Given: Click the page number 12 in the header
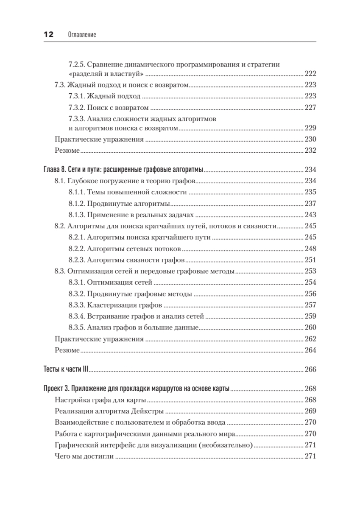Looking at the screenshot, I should pyautogui.click(x=47, y=35).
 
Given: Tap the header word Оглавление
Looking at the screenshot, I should pyautogui.click(x=82, y=35).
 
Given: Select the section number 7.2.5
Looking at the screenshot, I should pyautogui.click(x=77, y=64).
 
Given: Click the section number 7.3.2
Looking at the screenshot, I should pyautogui.click(x=77, y=107).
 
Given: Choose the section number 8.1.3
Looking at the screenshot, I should pyautogui.click(x=77, y=215).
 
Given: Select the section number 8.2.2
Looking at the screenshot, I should pyautogui.click(x=77, y=248).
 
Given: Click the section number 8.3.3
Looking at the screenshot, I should pyautogui.click(x=77, y=305).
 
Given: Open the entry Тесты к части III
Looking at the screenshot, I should pyautogui.click(x=66, y=369).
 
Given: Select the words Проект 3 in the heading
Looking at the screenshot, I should pyautogui.click(x=56, y=389).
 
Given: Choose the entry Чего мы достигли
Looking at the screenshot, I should pyautogui.click(x=84, y=457).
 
